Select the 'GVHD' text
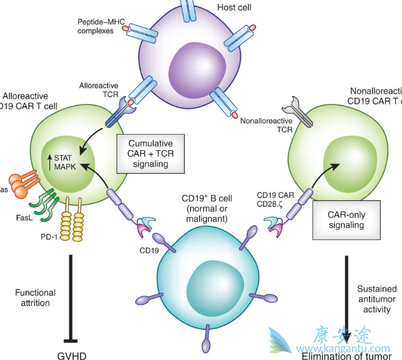(71, 354)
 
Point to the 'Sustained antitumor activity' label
(377, 299)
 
